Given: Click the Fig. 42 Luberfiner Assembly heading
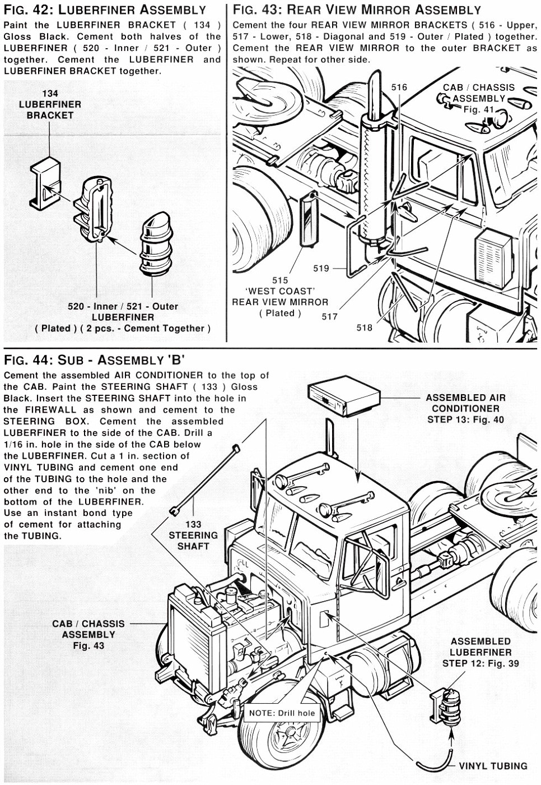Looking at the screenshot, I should click(105, 10).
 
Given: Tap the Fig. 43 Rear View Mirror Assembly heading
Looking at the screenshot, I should click(357, 10).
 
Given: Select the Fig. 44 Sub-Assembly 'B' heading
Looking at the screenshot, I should click(94, 359).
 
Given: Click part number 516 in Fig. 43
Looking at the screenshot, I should click(399, 87).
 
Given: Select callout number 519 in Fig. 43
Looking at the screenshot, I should click(321, 269).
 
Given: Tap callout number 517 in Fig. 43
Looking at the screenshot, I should click(329, 316).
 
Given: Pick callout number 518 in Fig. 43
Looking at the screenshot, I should click(364, 327).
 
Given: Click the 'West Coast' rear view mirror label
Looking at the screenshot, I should click(280, 297).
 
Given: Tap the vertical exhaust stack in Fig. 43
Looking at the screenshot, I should click(372, 168).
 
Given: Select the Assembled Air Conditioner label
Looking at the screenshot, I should click(465, 408).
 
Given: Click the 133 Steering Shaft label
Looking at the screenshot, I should click(193, 535).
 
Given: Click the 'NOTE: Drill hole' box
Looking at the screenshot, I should click(282, 713).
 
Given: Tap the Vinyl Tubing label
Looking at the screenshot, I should click(493, 766).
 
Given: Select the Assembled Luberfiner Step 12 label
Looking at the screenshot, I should click(481, 652).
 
